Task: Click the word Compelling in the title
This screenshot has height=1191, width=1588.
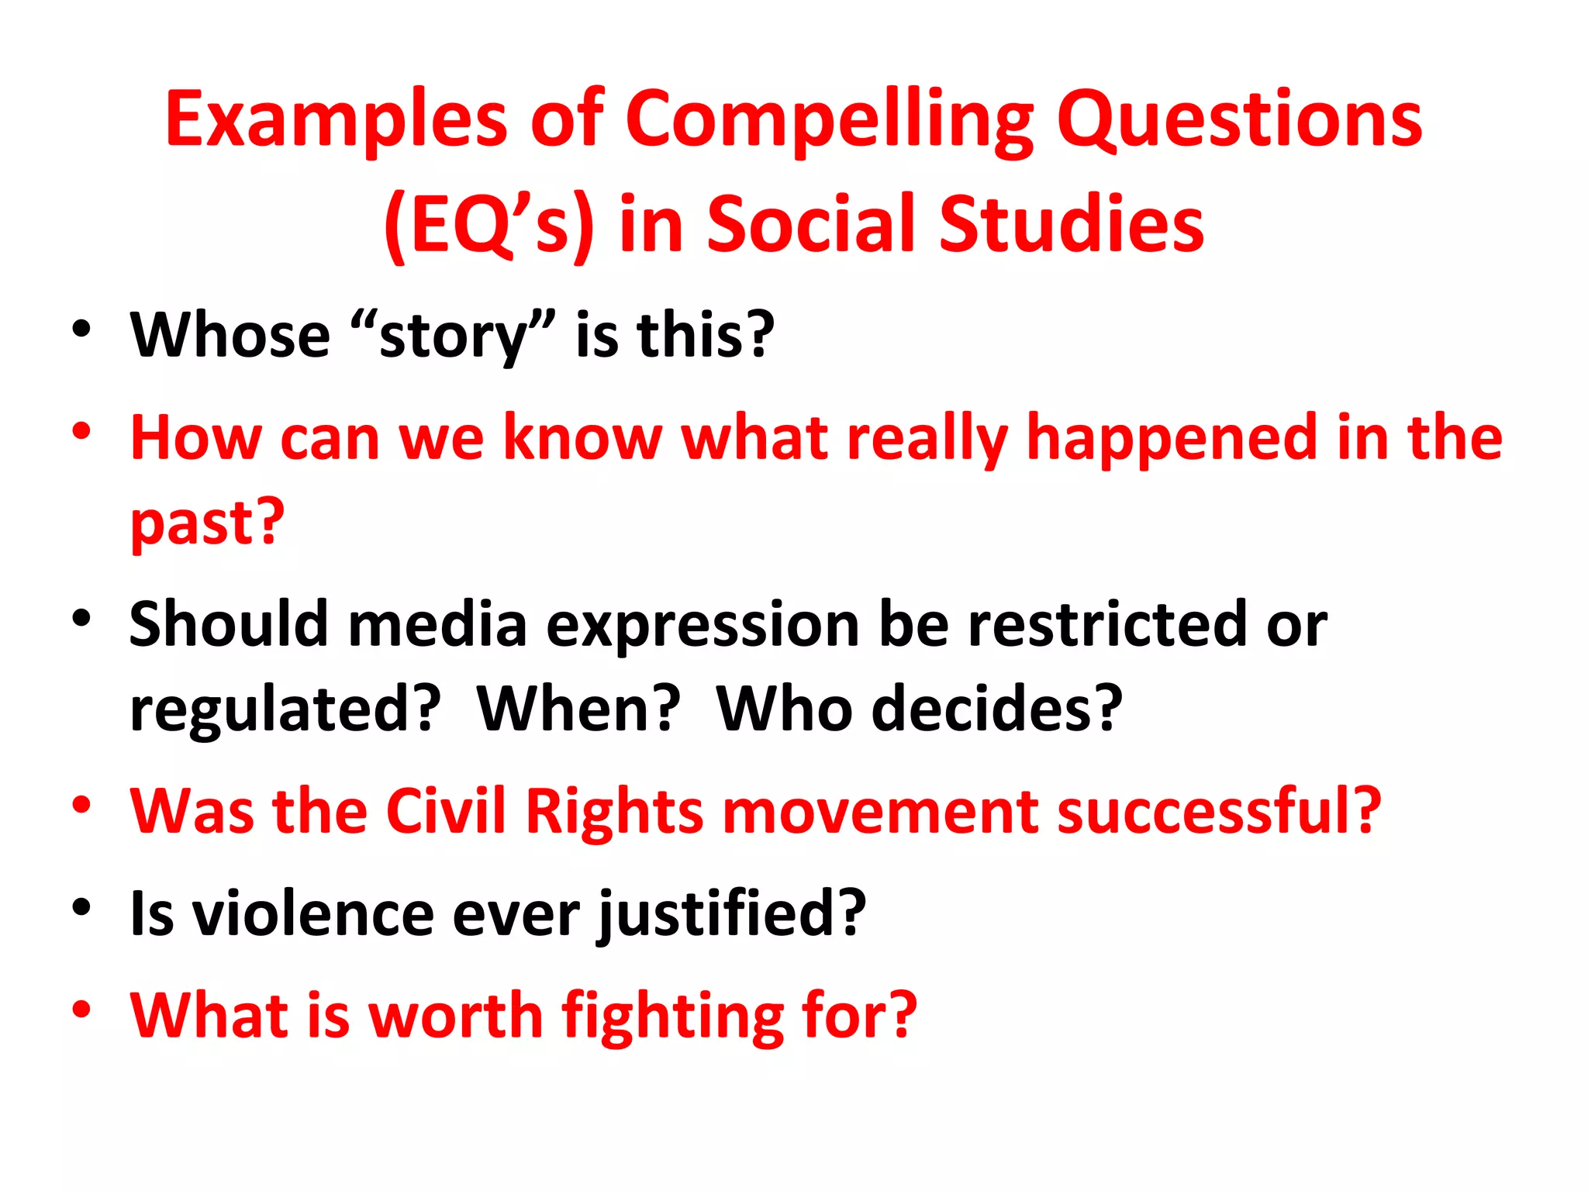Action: [x=829, y=120]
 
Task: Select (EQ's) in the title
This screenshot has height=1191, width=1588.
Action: [x=489, y=225]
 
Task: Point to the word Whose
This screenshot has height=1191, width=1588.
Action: [x=230, y=335]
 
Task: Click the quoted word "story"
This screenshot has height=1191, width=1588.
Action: [x=453, y=335]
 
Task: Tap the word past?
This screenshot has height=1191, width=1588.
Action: [x=207, y=523]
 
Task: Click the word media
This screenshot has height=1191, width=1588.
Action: [x=437, y=625]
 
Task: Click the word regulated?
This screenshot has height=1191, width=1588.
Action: [x=285, y=709]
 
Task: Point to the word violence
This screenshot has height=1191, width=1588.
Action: [x=313, y=913]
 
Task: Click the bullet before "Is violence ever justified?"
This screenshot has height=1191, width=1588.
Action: [x=82, y=906]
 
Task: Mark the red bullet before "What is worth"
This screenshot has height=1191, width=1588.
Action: [x=82, y=1009]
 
